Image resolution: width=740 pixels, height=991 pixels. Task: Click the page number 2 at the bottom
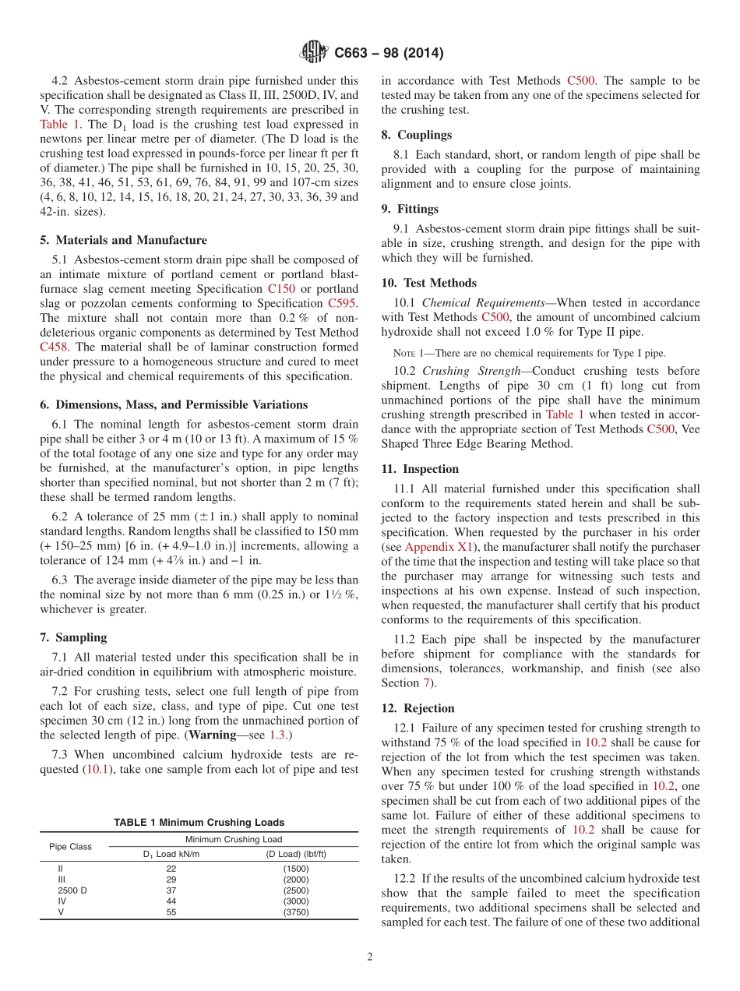click(370, 957)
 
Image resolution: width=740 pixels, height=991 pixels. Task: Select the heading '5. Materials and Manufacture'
click(123, 240)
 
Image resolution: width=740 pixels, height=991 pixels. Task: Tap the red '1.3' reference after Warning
click(277, 735)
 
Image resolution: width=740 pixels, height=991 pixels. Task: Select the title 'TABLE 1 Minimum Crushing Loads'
click(199, 823)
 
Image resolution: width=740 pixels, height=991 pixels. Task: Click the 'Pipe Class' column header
click(70, 846)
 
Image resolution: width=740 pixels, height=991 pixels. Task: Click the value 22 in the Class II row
click(171, 868)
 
